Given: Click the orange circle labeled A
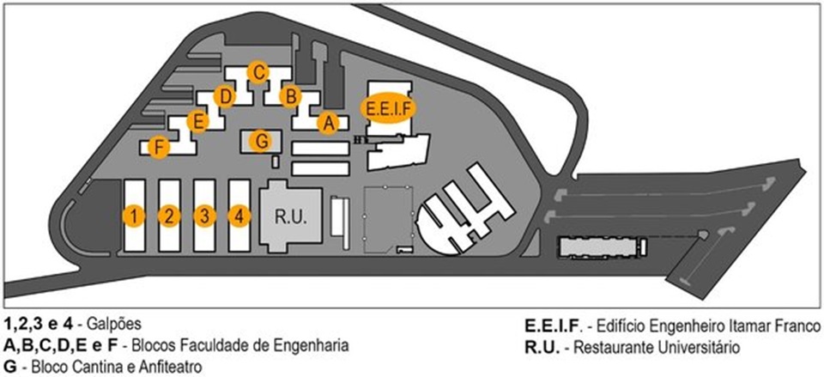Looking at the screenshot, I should click(x=326, y=123).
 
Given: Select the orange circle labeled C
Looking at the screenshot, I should click(x=256, y=72).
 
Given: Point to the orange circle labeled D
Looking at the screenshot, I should click(x=225, y=96).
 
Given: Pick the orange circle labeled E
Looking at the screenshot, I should click(x=198, y=121).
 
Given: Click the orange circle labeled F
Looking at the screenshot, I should click(x=156, y=147).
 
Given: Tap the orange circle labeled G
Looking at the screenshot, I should click(x=263, y=139).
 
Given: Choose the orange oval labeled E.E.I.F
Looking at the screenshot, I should click(x=385, y=108).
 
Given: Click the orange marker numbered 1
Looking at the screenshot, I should click(x=133, y=215).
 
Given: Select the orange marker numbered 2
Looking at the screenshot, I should click(x=170, y=215).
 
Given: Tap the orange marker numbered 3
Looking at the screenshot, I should click(x=203, y=215).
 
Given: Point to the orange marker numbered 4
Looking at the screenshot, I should click(x=239, y=215).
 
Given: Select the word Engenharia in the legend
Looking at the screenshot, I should click(x=306, y=346).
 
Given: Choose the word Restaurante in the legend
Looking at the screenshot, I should click(x=613, y=347).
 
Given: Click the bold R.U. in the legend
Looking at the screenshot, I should click(x=542, y=347).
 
